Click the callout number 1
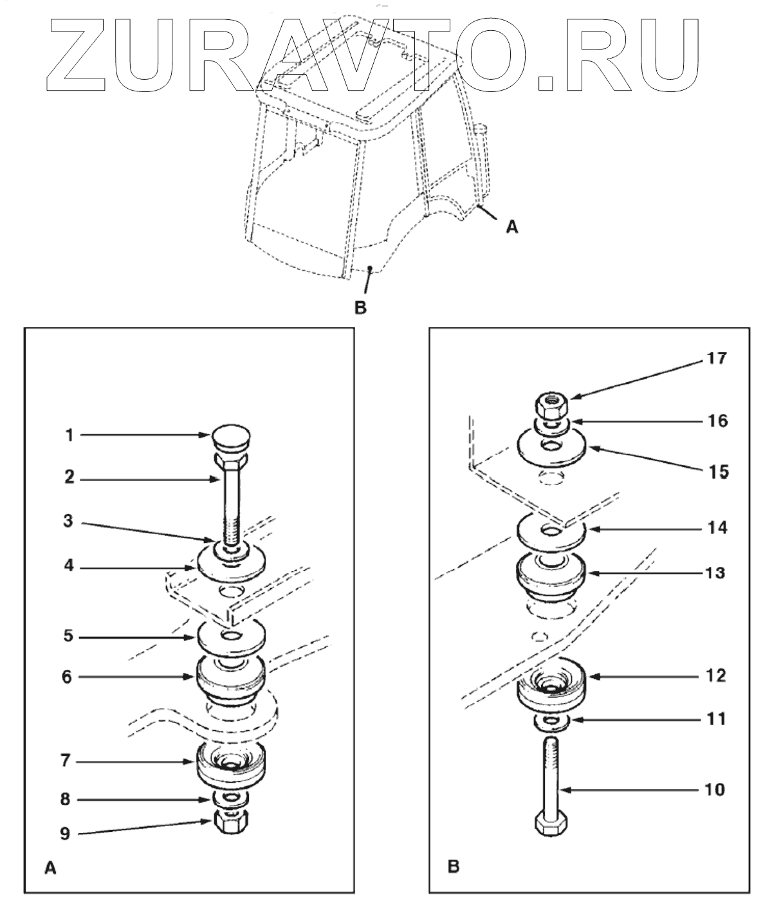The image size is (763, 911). pos(69,436)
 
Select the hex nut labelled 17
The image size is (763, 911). pos(549,407)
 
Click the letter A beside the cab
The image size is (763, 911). pos(512,226)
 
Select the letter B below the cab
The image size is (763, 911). pos(360,308)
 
